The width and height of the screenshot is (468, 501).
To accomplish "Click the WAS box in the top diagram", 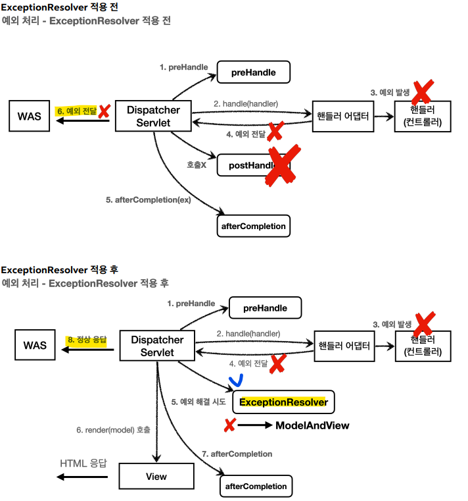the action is [x=30, y=116].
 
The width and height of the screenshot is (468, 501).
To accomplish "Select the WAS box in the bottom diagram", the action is [x=35, y=345].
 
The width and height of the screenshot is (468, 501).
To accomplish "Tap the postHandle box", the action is [x=254, y=165].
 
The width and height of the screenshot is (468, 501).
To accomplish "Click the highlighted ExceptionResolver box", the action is [x=283, y=402].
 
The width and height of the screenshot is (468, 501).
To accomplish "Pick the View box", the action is [x=156, y=476].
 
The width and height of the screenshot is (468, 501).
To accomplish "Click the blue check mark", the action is [x=237, y=381].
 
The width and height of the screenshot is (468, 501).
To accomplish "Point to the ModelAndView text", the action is [x=312, y=425].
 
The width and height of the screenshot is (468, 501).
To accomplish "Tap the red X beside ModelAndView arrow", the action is [x=229, y=425].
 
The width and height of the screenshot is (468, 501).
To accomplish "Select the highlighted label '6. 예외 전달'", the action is [x=76, y=111].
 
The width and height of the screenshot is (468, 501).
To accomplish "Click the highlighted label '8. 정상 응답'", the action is [x=87, y=340].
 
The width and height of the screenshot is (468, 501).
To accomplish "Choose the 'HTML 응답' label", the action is [x=83, y=463].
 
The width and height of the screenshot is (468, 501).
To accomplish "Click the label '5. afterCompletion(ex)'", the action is [x=149, y=200].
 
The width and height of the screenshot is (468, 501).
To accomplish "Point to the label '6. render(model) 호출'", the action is [x=113, y=430].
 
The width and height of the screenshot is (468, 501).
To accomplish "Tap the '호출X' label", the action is [x=197, y=165].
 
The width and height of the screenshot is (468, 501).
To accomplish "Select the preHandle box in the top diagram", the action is [x=254, y=72].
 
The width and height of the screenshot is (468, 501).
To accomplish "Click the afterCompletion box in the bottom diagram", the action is [x=256, y=486].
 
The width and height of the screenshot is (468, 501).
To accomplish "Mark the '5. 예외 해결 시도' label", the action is [x=199, y=402].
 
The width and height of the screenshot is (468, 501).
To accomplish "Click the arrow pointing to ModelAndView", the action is [x=255, y=425].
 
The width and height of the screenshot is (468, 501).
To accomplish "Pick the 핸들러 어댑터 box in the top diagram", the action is [x=343, y=117].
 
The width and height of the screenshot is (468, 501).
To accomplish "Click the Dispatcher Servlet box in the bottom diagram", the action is [x=157, y=346].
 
